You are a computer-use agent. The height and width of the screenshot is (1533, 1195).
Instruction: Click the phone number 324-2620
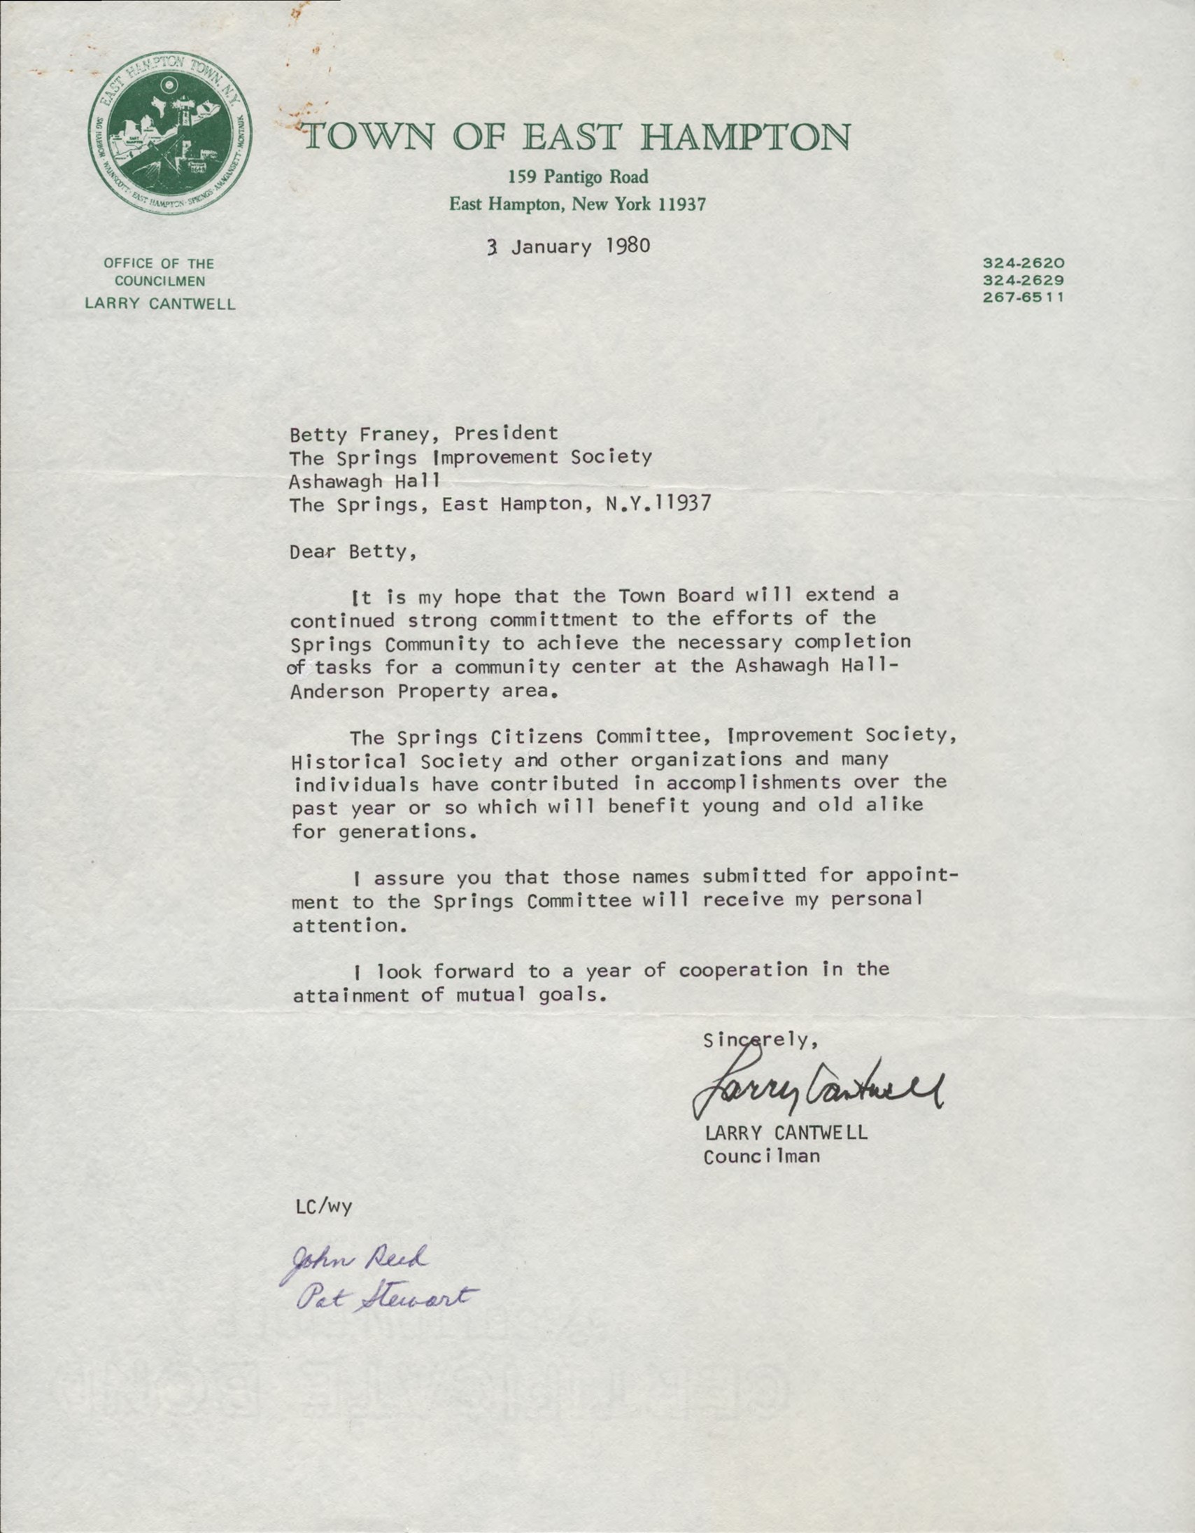[x=1024, y=264]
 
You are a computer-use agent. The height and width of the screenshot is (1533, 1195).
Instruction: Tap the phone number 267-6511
[x=1024, y=296]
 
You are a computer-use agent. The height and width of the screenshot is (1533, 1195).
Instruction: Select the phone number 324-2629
[x=1024, y=280]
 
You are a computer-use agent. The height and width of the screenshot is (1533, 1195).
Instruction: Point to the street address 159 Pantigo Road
[x=578, y=178]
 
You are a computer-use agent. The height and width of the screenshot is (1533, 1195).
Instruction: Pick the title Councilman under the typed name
[x=761, y=1156]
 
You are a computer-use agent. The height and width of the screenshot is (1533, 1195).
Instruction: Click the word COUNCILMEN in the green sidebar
[x=160, y=281]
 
